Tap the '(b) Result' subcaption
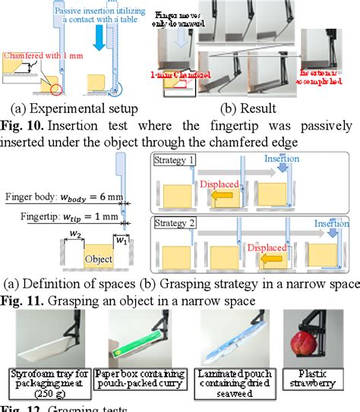(242, 108)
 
